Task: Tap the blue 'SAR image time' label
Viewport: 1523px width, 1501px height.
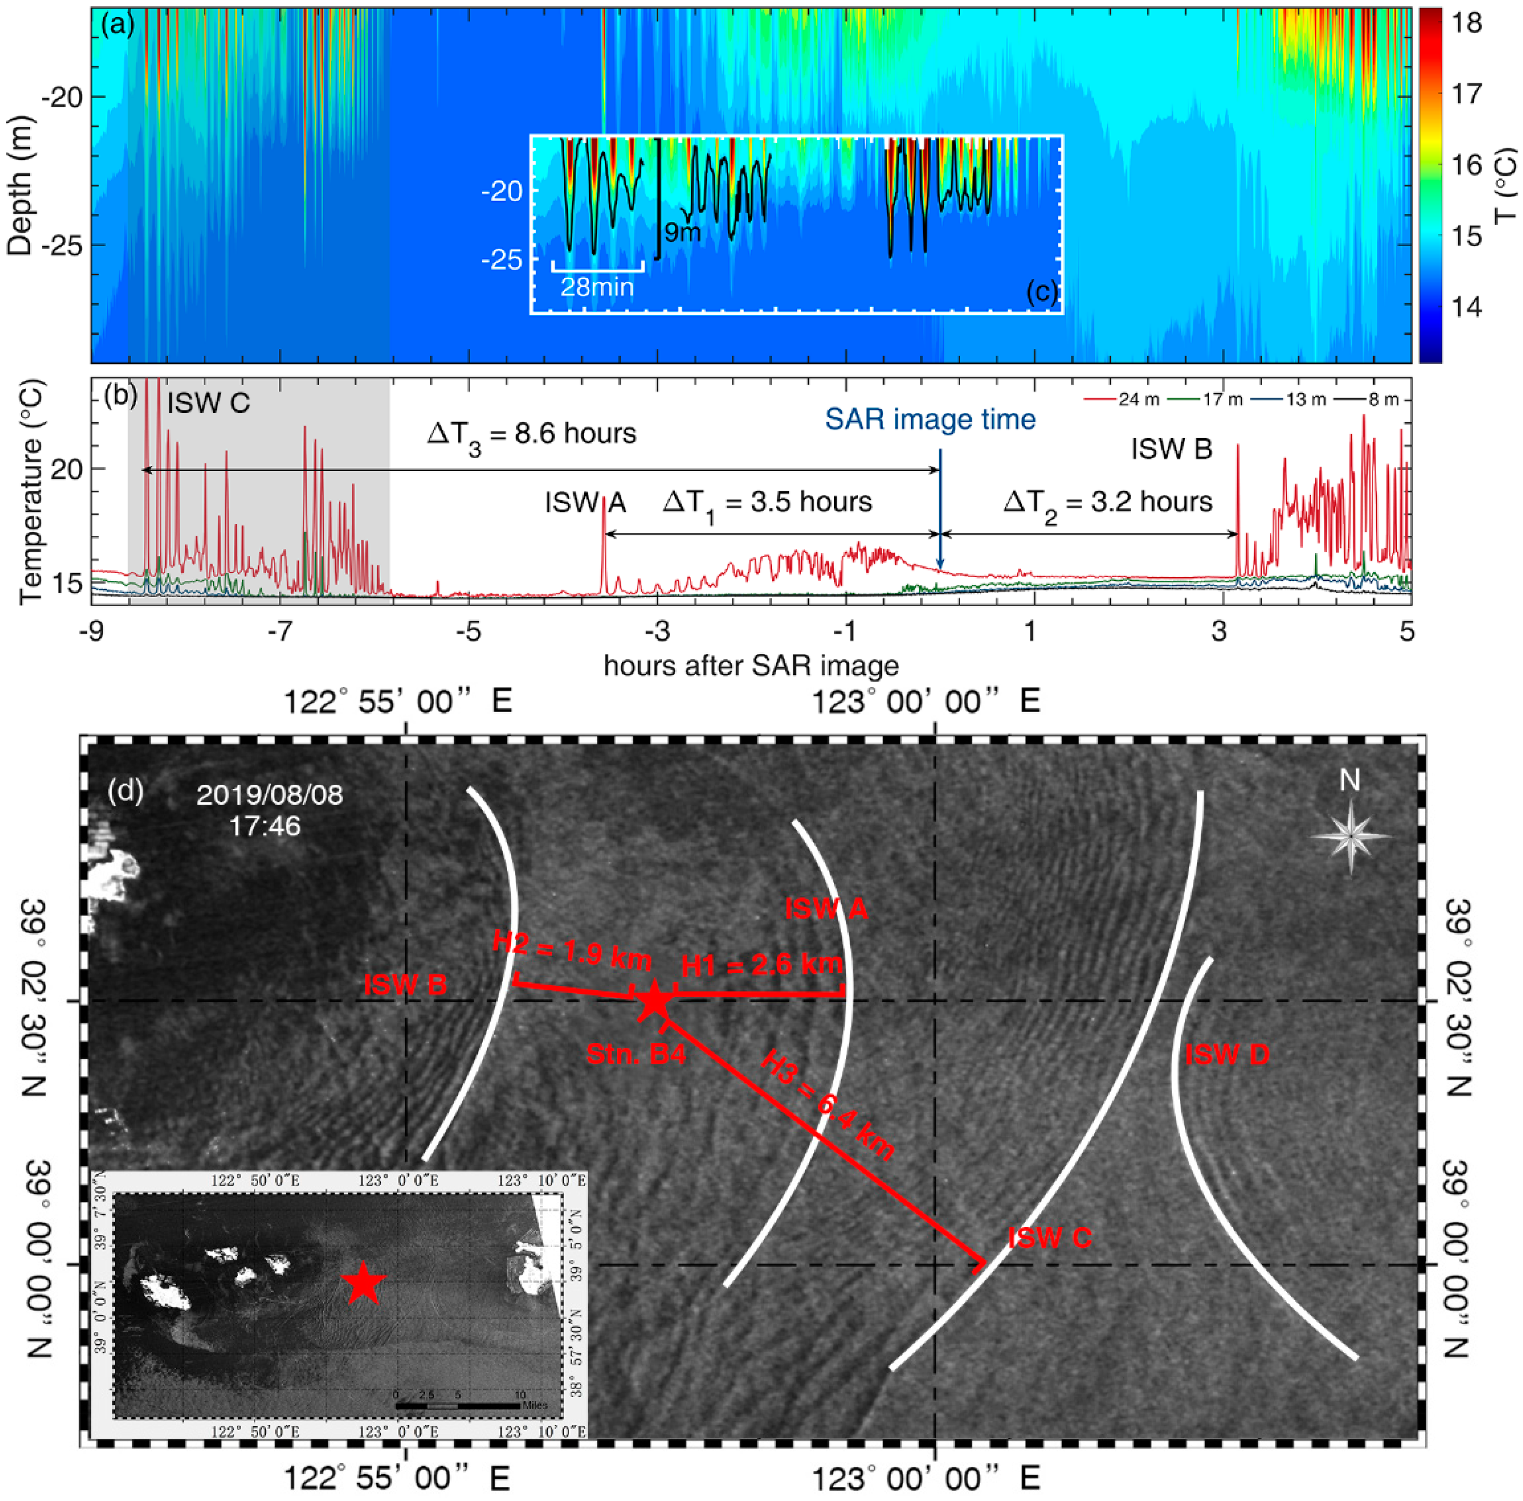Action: [930, 419]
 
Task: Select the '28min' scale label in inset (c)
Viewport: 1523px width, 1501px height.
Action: [597, 287]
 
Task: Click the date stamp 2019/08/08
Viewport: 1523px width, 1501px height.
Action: [270, 794]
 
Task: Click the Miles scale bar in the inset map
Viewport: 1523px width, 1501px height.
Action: [457, 1404]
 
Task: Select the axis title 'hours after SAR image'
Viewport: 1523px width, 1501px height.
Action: [751, 666]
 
